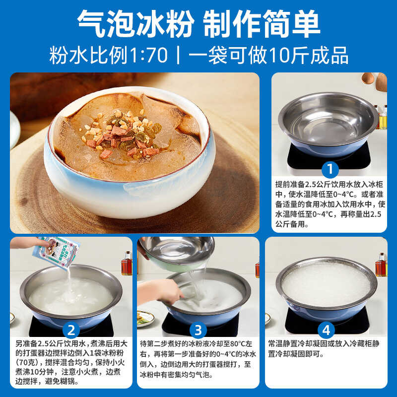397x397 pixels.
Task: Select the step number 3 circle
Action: pos(198,330)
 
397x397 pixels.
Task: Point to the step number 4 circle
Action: pos(326,330)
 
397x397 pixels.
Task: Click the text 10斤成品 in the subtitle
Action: pos(308,55)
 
